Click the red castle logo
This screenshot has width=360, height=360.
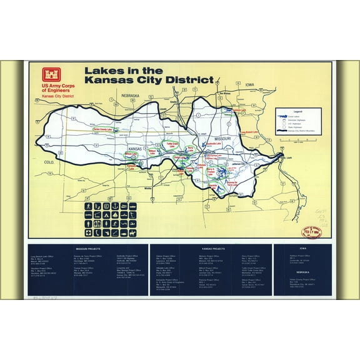coord(48,72)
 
